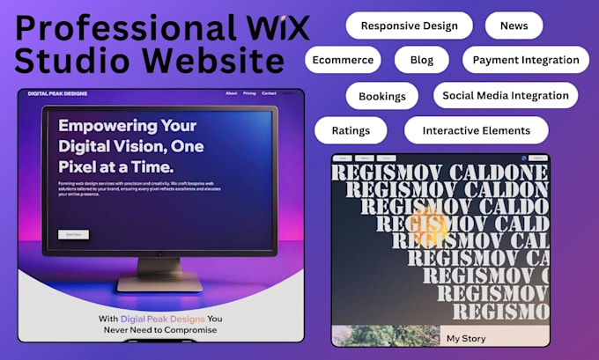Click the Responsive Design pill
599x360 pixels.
pyautogui.click(x=409, y=26)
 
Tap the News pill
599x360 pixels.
pyautogui.click(x=514, y=26)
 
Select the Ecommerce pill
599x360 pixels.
pyautogui.click(x=343, y=60)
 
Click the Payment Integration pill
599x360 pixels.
pyautogui.click(x=526, y=60)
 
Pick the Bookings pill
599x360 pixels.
pyautogui.click(x=381, y=95)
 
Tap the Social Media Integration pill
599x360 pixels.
pyautogui.click(x=505, y=95)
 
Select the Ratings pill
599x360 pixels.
pyautogui.click(x=351, y=130)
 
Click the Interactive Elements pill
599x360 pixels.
pyautogui.click(x=476, y=130)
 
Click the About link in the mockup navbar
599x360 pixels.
pyautogui.click(x=231, y=93)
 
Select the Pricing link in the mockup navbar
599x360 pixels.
pyautogui.click(x=249, y=93)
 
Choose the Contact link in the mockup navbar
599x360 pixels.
pyautogui.click(x=269, y=93)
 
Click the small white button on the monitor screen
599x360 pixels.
pyautogui.click(x=73, y=235)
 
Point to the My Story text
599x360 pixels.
pyautogui.click(x=465, y=338)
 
